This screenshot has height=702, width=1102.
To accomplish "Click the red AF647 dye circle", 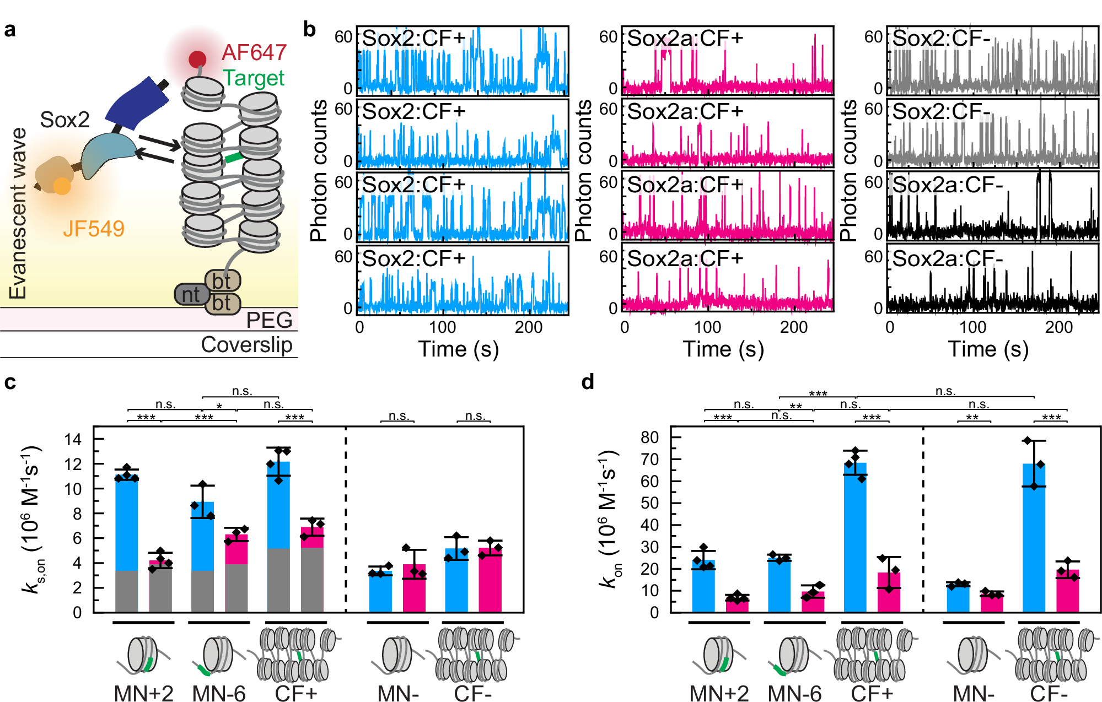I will tap(197, 59).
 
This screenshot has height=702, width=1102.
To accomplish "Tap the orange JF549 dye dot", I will tap(62, 186).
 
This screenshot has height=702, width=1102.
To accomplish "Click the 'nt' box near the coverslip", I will tap(191, 294).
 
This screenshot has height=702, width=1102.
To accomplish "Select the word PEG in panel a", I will tap(268, 320).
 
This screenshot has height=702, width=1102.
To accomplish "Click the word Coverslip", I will tap(246, 345).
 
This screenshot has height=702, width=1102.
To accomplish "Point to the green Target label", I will tap(253, 78).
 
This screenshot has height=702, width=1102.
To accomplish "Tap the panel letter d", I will tap(588, 382).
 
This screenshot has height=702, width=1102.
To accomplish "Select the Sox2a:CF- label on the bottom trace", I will tap(947, 258).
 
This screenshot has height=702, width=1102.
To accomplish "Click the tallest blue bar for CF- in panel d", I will tap(1034, 537).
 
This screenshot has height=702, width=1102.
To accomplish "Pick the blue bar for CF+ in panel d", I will tap(855, 537).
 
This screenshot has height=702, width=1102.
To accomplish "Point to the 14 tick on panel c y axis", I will tap(73, 440).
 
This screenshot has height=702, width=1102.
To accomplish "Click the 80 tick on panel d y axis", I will tap(649, 438).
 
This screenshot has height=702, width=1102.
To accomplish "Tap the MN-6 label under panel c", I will tap(218, 693).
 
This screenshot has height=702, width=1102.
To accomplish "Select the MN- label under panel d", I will tap(973, 693).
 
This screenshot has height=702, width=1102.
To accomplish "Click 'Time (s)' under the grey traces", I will tap(988, 349).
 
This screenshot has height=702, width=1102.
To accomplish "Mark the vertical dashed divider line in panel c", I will tap(346, 518).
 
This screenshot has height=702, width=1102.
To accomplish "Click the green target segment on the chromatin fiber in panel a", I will tap(234, 158).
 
